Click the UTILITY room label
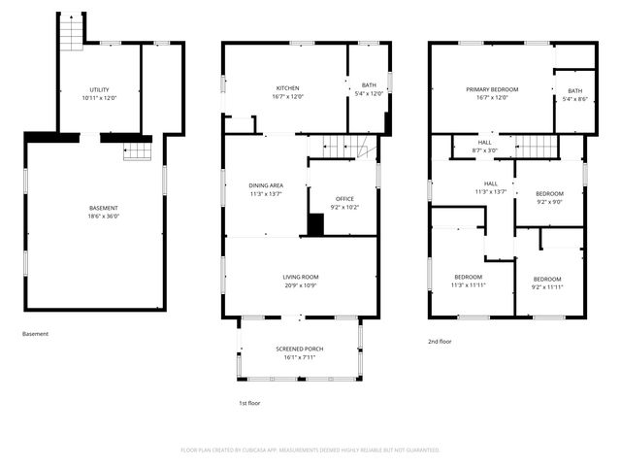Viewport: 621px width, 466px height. (x=97, y=89)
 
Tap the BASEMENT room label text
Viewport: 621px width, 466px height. (x=103, y=209)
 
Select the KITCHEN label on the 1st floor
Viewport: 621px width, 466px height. (x=286, y=88)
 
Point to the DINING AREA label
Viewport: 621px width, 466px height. (x=265, y=184)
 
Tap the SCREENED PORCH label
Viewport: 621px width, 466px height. (x=299, y=349)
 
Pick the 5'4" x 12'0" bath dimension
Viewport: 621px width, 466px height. (x=369, y=94)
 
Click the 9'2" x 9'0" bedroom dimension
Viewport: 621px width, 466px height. (x=549, y=202)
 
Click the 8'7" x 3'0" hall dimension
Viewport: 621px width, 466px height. (x=485, y=150)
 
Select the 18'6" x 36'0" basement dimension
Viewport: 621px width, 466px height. (x=103, y=216)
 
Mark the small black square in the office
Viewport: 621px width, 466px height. (x=315, y=224)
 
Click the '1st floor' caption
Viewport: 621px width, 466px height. (x=250, y=403)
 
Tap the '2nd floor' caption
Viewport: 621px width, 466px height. (x=441, y=342)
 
